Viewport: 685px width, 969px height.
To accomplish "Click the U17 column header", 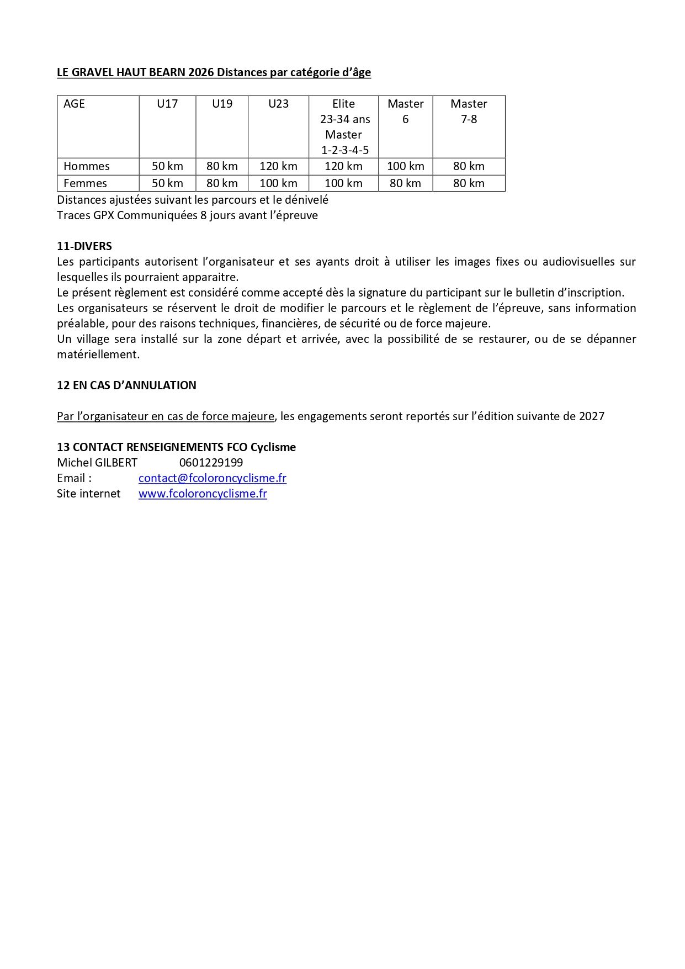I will click(x=167, y=104).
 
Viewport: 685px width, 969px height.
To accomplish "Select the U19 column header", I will click(x=222, y=104).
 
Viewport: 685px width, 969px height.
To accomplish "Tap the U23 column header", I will click(x=278, y=104).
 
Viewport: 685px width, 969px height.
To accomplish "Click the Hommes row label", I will click(x=87, y=166).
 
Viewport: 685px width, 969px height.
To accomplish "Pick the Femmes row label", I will click(x=86, y=183).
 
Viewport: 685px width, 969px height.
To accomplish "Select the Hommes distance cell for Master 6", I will click(x=405, y=166).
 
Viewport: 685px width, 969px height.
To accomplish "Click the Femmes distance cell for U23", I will click(x=278, y=183).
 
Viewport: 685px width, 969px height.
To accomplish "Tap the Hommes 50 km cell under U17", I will click(x=167, y=166).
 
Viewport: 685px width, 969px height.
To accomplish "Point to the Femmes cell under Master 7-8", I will click(x=469, y=183).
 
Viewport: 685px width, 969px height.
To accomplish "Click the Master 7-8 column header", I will click(x=469, y=111).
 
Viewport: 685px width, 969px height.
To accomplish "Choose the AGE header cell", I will click(x=75, y=104).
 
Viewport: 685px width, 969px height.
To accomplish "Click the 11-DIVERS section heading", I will click(x=84, y=246).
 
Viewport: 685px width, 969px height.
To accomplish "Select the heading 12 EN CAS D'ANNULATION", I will click(x=126, y=385).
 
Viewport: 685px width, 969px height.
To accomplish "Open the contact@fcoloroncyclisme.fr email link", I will click(x=213, y=478).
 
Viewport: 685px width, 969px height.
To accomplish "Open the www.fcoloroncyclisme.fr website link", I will click(x=203, y=494).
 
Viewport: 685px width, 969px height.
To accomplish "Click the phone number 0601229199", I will click(x=211, y=463).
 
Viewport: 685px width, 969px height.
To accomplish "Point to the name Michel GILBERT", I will click(x=97, y=463).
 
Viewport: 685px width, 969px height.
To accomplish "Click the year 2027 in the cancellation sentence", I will click(x=592, y=416).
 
